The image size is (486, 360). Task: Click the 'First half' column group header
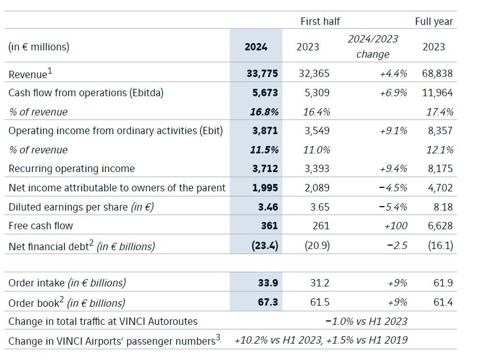[320, 22]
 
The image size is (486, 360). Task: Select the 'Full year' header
[434, 22]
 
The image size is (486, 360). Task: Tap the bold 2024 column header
[256, 47]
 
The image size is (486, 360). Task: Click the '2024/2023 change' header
[373, 46]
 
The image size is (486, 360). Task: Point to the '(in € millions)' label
[39, 47]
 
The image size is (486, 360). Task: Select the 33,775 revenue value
[261, 74]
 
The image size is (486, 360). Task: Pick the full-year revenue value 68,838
[437, 74]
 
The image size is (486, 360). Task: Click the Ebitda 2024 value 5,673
[264, 93]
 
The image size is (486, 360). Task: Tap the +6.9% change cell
[393, 93]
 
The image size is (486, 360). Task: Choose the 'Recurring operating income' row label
[72, 169]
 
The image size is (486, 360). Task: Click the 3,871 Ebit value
[264, 131]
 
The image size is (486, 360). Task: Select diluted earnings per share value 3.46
[268, 207]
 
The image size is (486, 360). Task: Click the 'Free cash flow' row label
[41, 226]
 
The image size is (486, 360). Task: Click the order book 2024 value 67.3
[268, 302]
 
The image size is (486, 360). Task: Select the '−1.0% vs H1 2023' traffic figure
[366, 322]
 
